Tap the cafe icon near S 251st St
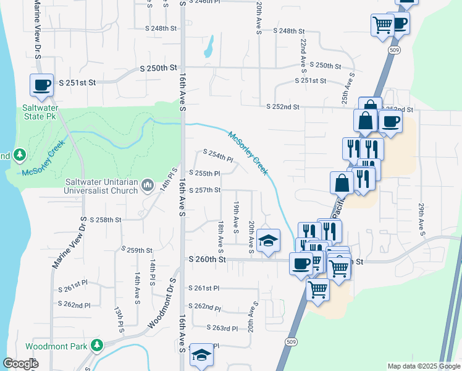click(42, 85)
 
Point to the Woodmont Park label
click(56, 346)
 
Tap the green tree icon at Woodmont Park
click(96, 345)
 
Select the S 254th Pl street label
click(218, 155)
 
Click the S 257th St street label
click(205, 189)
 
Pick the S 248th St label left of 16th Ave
click(161, 28)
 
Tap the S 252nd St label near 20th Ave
click(283, 107)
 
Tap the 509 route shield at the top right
click(393, 49)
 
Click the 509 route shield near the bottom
click(290, 341)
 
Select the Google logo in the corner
click(20, 364)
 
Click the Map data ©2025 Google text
click(423, 366)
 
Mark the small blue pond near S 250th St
click(209, 45)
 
